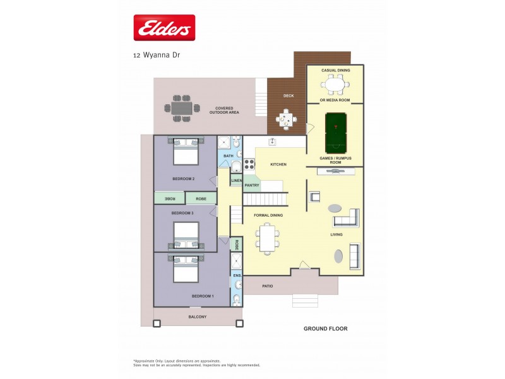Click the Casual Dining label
tap(335, 70)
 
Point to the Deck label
tap(288, 97)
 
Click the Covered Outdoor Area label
tap(224, 110)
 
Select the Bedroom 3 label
tap(182, 214)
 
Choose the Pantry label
tap(252, 185)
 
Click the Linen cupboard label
tap(236, 181)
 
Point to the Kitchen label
tap(278, 164)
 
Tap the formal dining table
tap(268, 238)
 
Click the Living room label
tap(336, 234)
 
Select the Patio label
tap(268, 286)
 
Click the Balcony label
tap(197, 316)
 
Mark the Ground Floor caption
tap(325, 328)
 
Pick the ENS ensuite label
tap(236, 275)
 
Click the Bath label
tap(228, 156)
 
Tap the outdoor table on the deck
tap(287, 119)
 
